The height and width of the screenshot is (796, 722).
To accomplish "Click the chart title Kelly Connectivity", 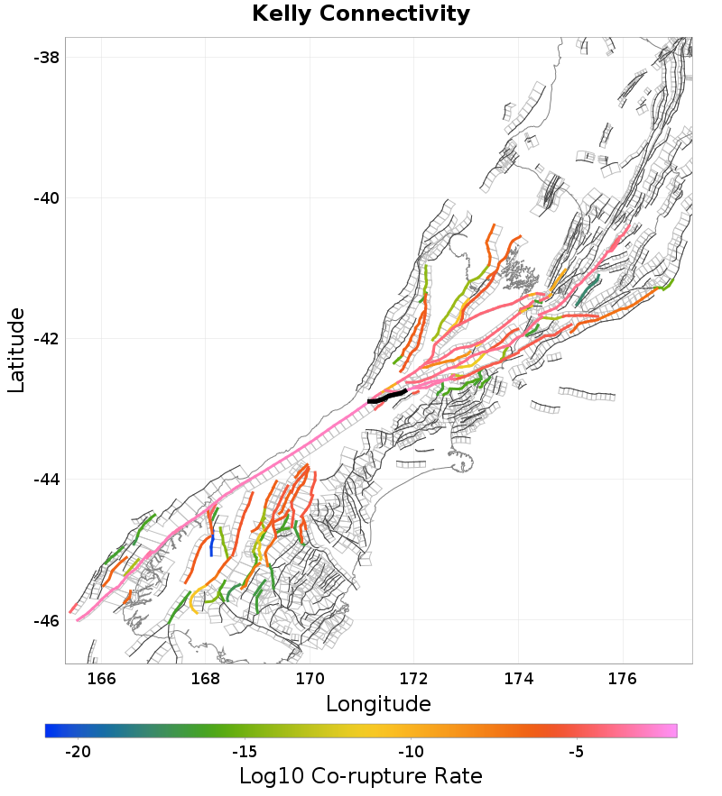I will point(361,14).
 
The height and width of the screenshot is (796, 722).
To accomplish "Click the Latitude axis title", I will point(16,350).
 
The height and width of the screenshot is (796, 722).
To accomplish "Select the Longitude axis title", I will point(378,703).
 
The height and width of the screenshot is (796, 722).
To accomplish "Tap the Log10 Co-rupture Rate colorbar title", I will point(361,776).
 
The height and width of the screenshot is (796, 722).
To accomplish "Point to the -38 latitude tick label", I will point(46,57).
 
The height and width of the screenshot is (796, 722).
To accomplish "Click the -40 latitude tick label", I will point(46,197).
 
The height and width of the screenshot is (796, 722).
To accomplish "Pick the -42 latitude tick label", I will point(46,339).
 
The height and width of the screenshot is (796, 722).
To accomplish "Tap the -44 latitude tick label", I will point(46,480).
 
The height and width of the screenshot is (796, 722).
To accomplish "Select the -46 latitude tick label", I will point(46,621).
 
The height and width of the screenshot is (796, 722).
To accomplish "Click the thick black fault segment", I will point(387,396).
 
